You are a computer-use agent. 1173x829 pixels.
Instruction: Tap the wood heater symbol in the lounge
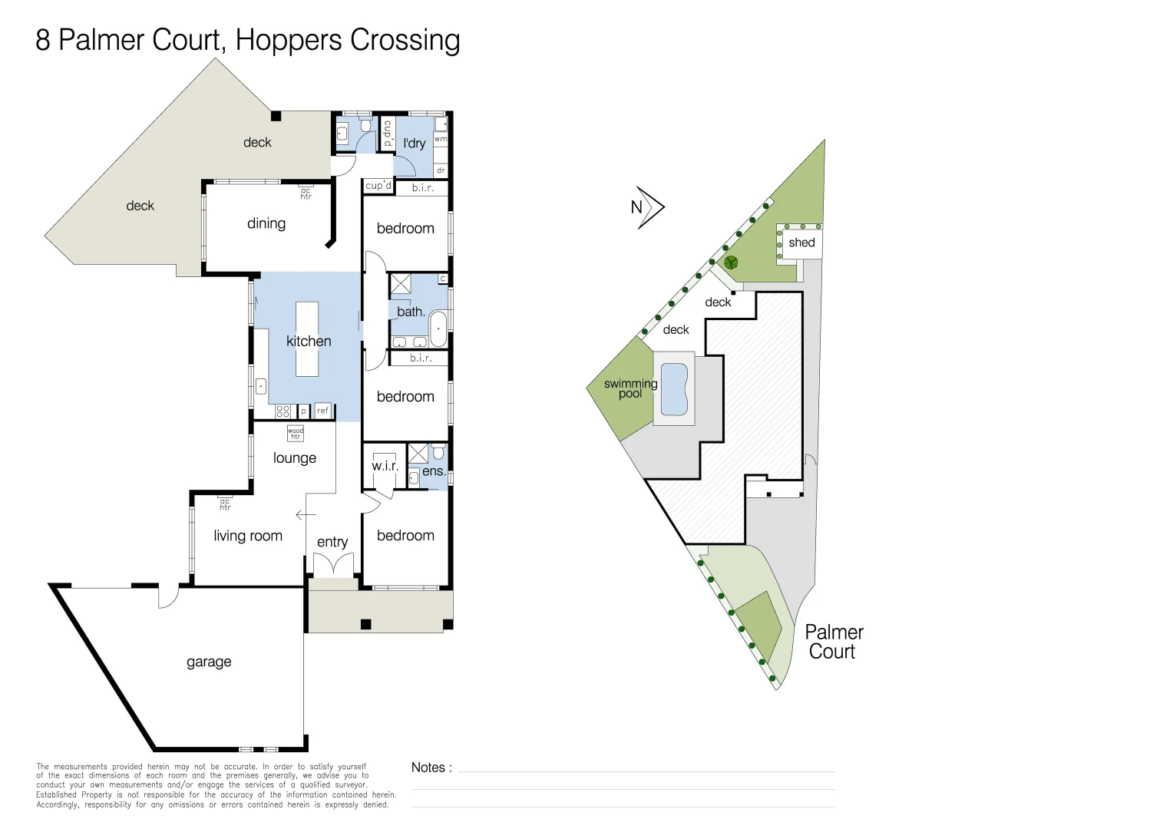coord(296,433)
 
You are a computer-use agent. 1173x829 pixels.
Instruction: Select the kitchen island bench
coord(307,339)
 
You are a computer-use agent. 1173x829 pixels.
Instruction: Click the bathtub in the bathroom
coord(438,329)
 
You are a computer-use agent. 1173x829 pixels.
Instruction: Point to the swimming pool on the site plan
coord(674,388)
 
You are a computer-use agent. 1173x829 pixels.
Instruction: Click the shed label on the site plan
coord(801,243)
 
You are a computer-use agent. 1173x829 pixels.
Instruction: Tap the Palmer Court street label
coord(834,642)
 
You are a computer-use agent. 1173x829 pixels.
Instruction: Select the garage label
coord(209,662)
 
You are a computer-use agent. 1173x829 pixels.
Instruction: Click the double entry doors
coord(334,565)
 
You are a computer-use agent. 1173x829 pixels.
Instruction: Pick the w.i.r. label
coord(385,466)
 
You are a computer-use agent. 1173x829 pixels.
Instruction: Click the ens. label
coord(434,471)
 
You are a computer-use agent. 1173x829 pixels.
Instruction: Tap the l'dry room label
coord(415,144)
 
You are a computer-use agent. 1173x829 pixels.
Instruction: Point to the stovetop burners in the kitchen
coord(283,411)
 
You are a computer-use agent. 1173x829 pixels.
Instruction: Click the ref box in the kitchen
coord(322,411)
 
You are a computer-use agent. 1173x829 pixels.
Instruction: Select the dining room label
coord(266,223)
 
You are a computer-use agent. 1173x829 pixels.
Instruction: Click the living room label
coord(248,535)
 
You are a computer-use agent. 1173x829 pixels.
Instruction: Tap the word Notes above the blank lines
coord(428,767)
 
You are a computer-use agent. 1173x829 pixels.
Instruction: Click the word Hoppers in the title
coord(289,41)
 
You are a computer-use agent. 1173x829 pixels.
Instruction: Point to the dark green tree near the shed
coord(731,263)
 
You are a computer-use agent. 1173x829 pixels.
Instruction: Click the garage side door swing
coord(169,597)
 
